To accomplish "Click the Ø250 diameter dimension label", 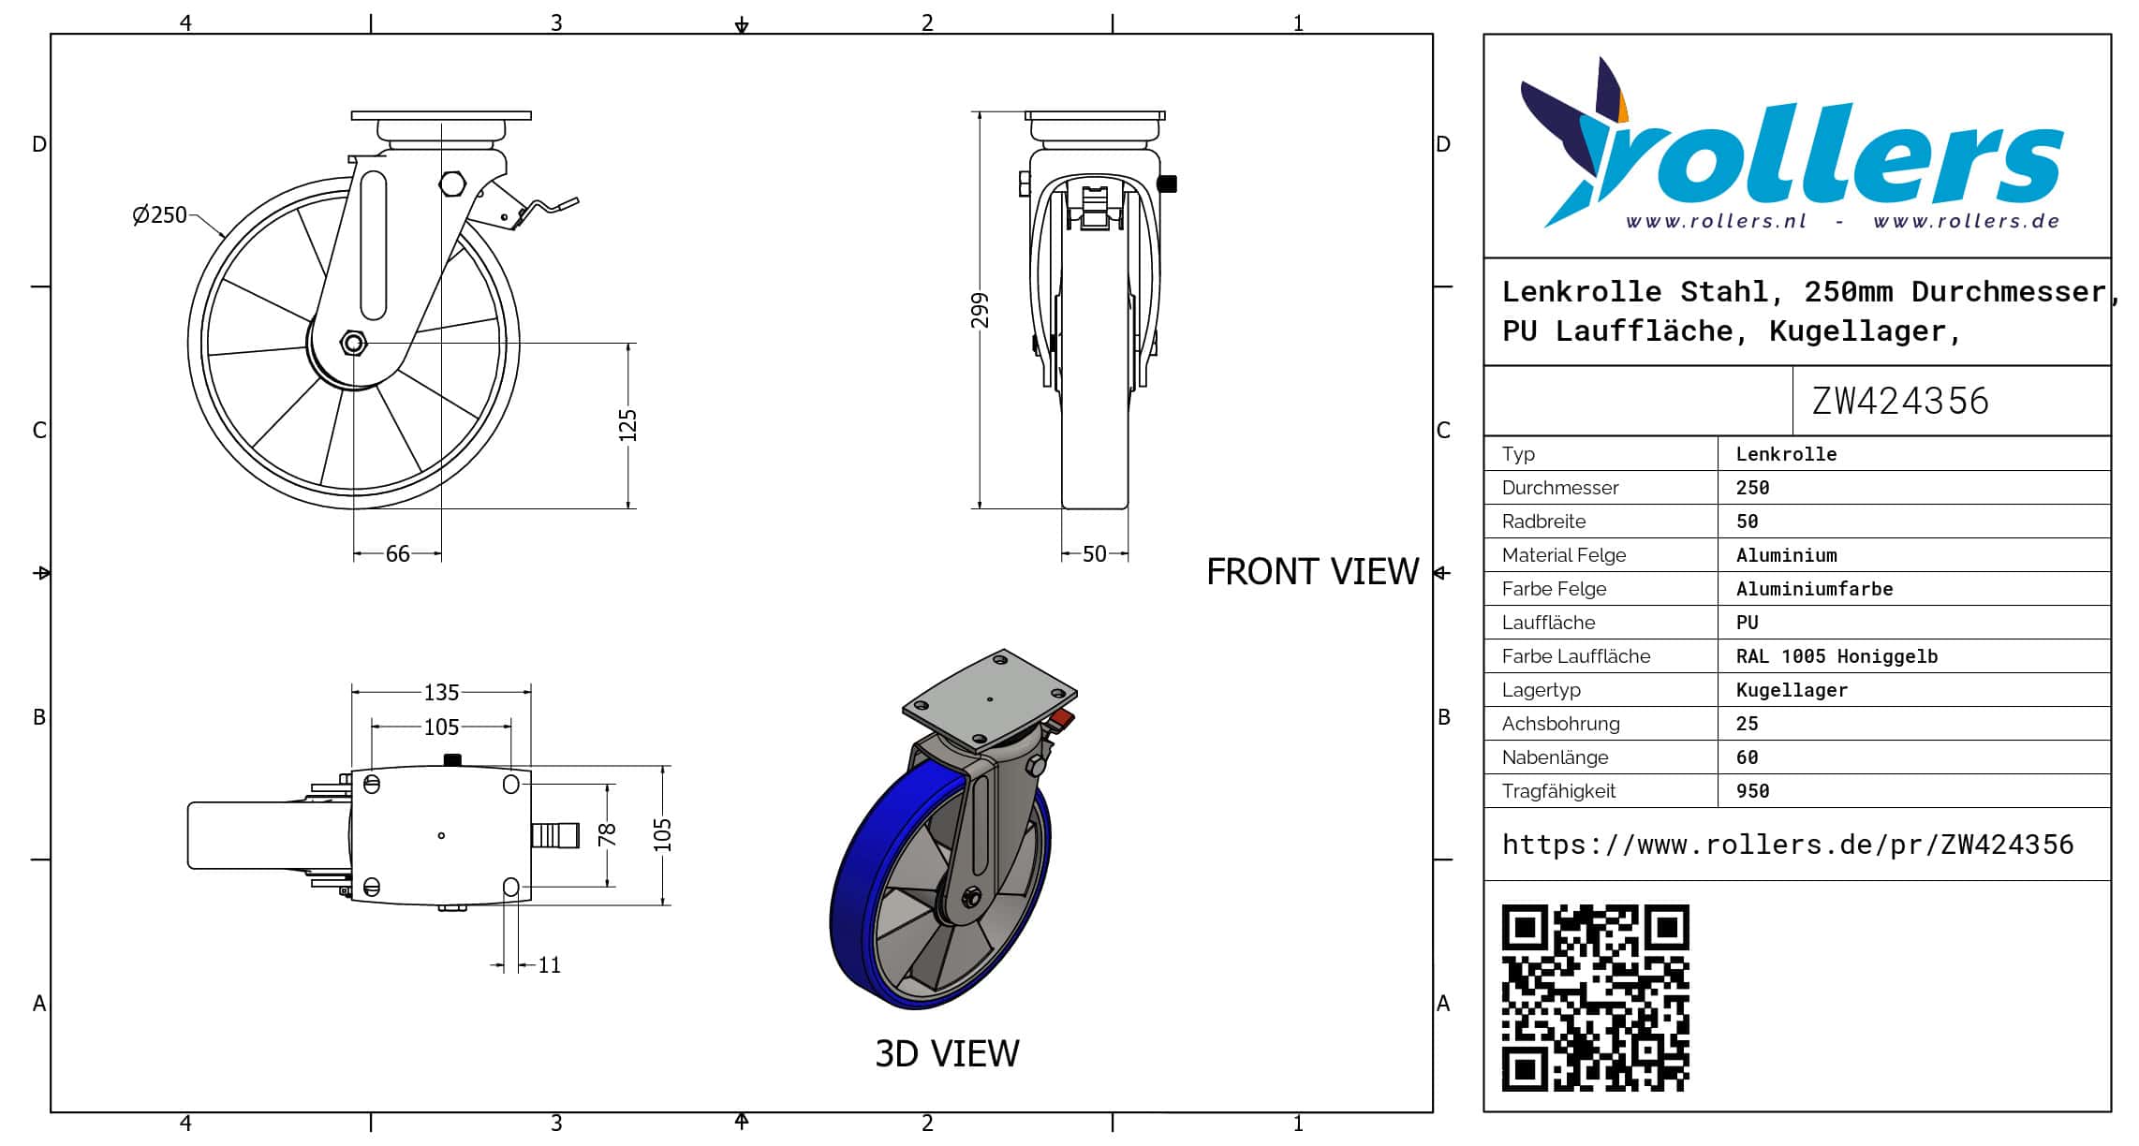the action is pyautogui.click(x=160, y=215).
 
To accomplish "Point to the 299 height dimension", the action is pyautogui.click(x=980, y=311).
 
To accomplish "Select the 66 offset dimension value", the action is pyautogui.click(x=398, y=554).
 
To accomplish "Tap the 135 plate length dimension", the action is pyautogui.click(x=441, y=693).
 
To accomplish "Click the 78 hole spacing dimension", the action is pyautogui.click(x=607, y=834).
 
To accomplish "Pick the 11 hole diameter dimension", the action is pyautogui.click(x=550, y=965).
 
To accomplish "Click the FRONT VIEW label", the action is pyautogui.click(x=1312, y=572).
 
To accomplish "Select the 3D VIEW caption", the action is pyautogui.click(x=947, y=1054).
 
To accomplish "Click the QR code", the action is pyautogui.click(x=1596, y=998).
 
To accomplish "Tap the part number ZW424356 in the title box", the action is pyautogui.click(x=1900, y=402).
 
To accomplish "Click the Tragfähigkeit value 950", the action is pyautogui.click(x=1752, y=791).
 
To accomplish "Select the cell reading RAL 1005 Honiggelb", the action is pyautogui.click(x=1837, y=656).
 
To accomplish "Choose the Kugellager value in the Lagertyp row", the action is pyautogui.click(x=1792, y=690).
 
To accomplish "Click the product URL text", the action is pyautogui.click(x=1788, y=845).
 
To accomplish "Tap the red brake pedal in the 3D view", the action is pyautogui.click(x=1062, y=720).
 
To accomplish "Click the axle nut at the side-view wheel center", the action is pyautogui.click(x=354, y=344).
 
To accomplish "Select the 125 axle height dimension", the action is pyautogui.click(x=627, y=426).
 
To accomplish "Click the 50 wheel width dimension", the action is pyautogui.click(x=1094, y=554).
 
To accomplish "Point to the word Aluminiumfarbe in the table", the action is pyautogui.click(x=1814, y=589).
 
